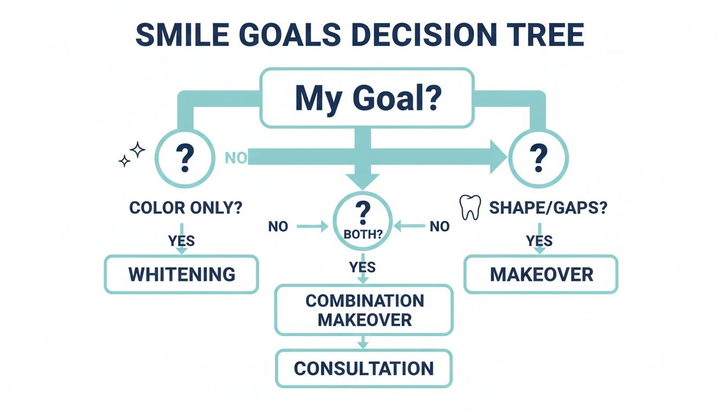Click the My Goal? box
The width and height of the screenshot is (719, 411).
pos(366,98)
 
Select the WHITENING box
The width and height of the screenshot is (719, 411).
pos(181,274)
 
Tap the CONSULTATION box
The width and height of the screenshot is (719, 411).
pos(364,368)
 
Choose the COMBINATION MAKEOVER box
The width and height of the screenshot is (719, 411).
pos(364,310)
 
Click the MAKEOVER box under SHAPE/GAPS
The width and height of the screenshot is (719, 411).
pos(541,274)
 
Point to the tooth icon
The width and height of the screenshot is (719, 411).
pos(469,208)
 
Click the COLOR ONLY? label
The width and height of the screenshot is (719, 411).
pos(185,208)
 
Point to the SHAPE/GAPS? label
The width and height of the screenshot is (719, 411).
pos(548,208)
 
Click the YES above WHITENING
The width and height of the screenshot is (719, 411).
pos(181,241)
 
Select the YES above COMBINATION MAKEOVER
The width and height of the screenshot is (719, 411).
pos(362,267)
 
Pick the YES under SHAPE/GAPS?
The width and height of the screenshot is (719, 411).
pos(539,241)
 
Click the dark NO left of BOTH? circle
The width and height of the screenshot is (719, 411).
pos(278,227)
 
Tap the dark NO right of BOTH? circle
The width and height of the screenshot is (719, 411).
pos(439,227)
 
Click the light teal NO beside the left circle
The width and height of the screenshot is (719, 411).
pos(235,157)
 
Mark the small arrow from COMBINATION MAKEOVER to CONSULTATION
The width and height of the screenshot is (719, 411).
pos(364,342)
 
